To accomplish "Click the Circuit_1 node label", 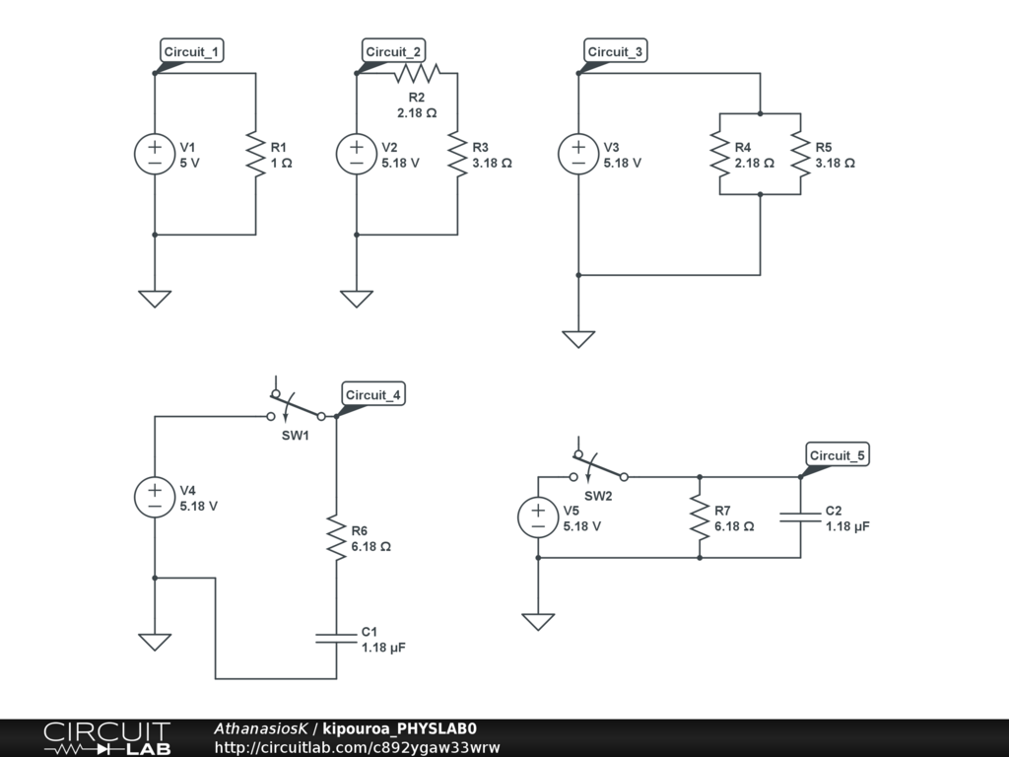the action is point(192,51).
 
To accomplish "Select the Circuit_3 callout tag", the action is point(615,51).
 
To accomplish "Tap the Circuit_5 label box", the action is point(838,454).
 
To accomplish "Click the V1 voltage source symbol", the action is point(155,154).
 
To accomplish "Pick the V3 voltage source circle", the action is point(578,154).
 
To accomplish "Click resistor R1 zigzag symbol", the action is point(255,154).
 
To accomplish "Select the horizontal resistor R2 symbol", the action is point(417,73).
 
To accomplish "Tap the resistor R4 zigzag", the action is point(719,154).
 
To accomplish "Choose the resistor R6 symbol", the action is point(336,537).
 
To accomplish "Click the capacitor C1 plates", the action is point(336,638).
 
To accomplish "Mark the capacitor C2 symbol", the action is point(800,516).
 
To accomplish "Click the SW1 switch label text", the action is point(296,436).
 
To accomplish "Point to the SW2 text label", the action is point(598,497).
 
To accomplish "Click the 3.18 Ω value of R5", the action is point(836,164).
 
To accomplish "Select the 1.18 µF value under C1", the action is point(383,648).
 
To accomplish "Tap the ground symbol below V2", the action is point(357,300).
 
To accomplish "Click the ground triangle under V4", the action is point(155,643).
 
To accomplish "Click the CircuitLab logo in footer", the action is point(107,738).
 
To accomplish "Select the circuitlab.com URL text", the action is point(357,747).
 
